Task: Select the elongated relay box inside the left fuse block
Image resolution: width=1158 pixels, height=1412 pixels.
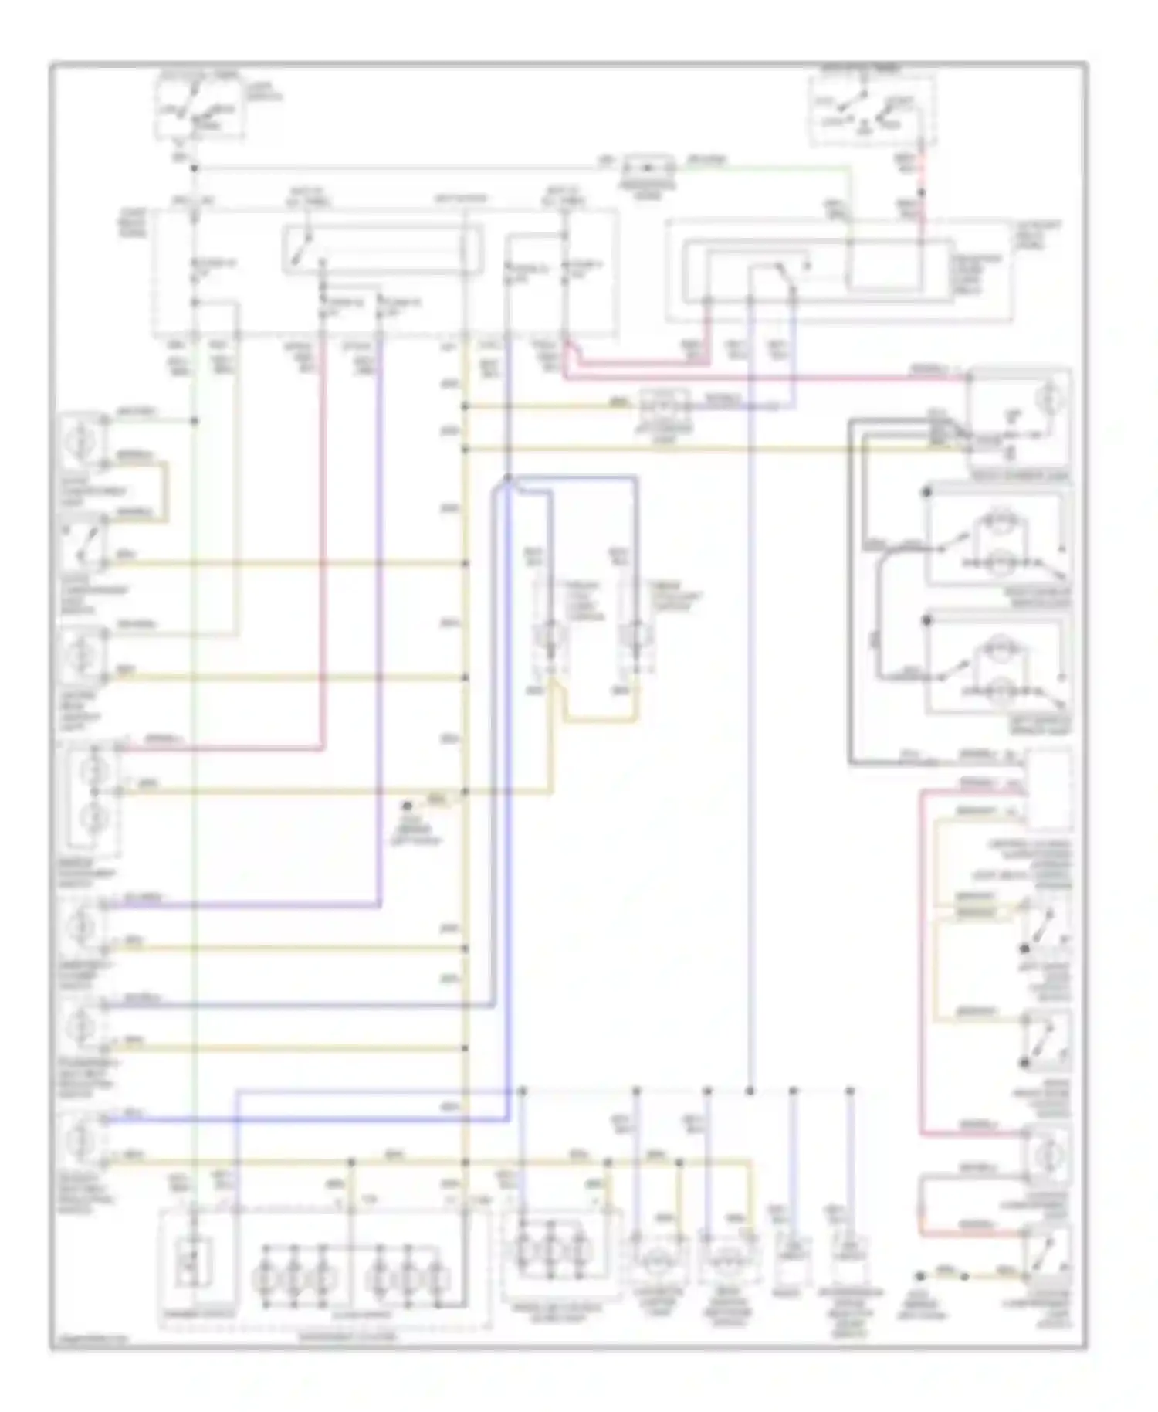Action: click(382, 249)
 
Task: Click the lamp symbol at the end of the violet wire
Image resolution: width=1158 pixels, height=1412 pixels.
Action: click(83, 924)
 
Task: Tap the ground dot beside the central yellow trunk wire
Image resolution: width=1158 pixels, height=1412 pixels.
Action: click(407, 806)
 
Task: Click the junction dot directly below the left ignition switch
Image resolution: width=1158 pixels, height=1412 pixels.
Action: click(194, 168)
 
